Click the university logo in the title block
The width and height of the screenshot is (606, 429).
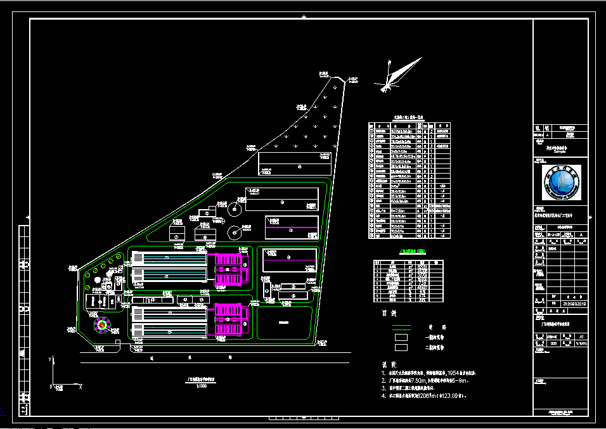[x=560, y=182]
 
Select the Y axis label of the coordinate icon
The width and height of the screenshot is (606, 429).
[x=49, y=359]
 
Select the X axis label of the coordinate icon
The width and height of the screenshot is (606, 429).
[x=79, y=386]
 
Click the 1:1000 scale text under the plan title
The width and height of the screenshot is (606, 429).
[x=202, y=386]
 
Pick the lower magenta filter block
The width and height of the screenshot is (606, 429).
[x=229, y=319]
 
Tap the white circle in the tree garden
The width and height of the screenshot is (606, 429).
[x=96, y=279]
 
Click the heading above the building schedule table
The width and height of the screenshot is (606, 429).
[x=408, y=118]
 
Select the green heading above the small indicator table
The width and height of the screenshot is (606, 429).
[x=408, y=251]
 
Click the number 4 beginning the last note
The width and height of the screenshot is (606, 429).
[x=384, y=396]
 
